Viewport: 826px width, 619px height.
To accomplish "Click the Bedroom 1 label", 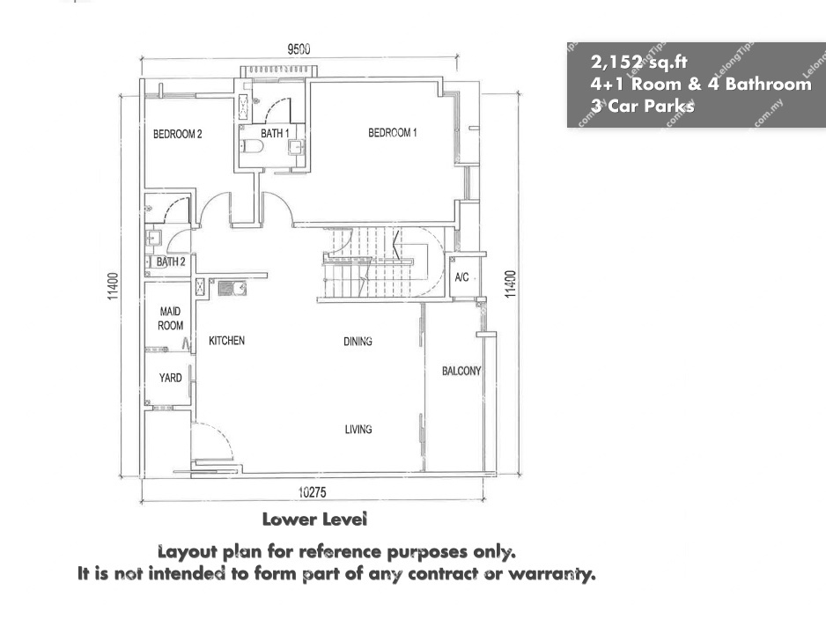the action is point(393,133).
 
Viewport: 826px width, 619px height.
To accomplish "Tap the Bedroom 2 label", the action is point(178,135).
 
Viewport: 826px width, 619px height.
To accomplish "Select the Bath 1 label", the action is point(275,134).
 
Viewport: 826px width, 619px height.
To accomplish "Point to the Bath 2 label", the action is point(171,262).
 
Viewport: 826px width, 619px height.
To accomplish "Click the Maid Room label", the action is point(170,319).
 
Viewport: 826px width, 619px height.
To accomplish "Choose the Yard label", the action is point(170,378).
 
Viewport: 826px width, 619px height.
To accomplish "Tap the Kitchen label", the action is point(226,341).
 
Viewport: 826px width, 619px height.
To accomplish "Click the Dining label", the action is point(358,342).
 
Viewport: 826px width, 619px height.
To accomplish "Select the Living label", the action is point(358,430).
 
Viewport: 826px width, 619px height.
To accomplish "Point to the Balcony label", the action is point(461,371).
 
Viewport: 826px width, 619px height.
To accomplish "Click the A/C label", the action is point(461,277).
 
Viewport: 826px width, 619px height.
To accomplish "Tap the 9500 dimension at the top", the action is point(299,49).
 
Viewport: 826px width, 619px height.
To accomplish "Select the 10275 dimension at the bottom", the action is point(313,492).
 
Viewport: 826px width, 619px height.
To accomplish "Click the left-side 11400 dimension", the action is point(113,286).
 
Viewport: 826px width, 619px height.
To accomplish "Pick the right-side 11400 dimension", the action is point(510,284).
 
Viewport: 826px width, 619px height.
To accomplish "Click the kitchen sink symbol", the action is point(232,288).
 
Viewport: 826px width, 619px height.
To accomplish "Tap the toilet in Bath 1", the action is point(252,146).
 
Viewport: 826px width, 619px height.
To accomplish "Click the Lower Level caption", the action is point(314,520).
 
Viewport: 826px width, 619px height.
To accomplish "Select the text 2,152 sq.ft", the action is point(639,63).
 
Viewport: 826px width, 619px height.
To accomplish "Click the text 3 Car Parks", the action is point(643,106).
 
